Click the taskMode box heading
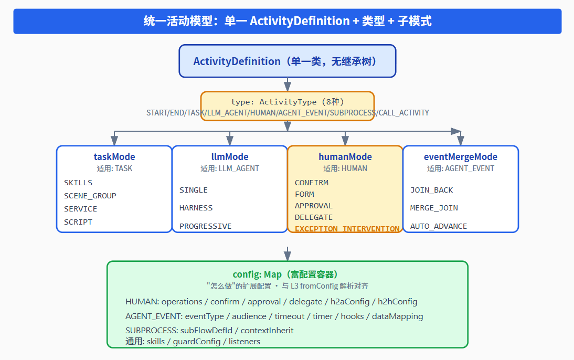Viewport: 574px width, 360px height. click(114, 157)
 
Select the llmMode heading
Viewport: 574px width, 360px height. click(230, 157)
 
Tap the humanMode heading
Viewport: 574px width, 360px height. click(345, 157)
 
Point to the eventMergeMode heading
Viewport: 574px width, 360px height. click(461, 157)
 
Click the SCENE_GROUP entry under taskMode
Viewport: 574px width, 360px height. click(90, 196)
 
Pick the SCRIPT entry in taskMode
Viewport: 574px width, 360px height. click(78, 222)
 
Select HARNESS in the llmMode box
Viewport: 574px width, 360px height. click(196, 208)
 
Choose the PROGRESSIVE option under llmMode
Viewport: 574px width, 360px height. click(205, 226)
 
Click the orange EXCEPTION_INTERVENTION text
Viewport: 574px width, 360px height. click(347, 229)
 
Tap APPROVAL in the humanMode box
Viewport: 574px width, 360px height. click(314, 206)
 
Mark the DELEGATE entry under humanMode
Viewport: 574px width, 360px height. click(314, 218)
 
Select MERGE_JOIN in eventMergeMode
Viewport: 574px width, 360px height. click(434, 208)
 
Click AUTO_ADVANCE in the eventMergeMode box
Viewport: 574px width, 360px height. click(439, 226)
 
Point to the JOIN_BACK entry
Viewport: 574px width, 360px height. click(432, 190)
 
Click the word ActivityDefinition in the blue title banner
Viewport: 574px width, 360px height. click(300, 21)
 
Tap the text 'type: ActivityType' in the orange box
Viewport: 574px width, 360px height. click(274, 102)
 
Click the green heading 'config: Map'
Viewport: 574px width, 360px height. click(257, 274)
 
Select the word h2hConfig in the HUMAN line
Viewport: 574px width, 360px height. click(398, 301)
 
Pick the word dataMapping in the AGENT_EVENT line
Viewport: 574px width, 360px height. click(398, 316)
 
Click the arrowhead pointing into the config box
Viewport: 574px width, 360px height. click(288, 256)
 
